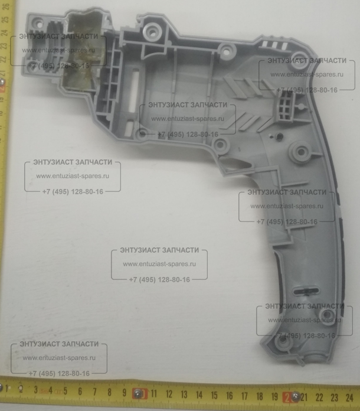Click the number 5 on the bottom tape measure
click(x=64, y=391)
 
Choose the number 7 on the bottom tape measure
click(x=94, y=392)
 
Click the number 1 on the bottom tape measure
click(x=7, y=389)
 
